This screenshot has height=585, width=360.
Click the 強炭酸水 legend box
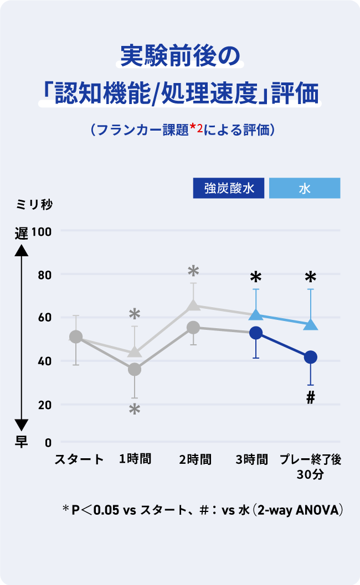point(229,188)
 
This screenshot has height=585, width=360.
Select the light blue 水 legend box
point(305,188)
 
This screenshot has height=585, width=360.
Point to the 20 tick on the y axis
point(44,405)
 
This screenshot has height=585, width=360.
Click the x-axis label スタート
point(79,459)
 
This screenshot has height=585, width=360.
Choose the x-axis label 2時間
point(195,459)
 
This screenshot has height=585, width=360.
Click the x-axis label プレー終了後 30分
point(310,466)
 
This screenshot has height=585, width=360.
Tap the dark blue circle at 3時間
point(256,333)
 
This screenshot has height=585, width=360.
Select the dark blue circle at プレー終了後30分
point(311,357)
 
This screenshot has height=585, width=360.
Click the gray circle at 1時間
point(135,369)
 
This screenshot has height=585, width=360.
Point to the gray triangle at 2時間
point(193,305)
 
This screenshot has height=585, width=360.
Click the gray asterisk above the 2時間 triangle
point(193,271)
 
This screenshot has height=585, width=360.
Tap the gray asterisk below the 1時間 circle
point(135,410)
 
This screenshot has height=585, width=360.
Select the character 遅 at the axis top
point(21,233)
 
